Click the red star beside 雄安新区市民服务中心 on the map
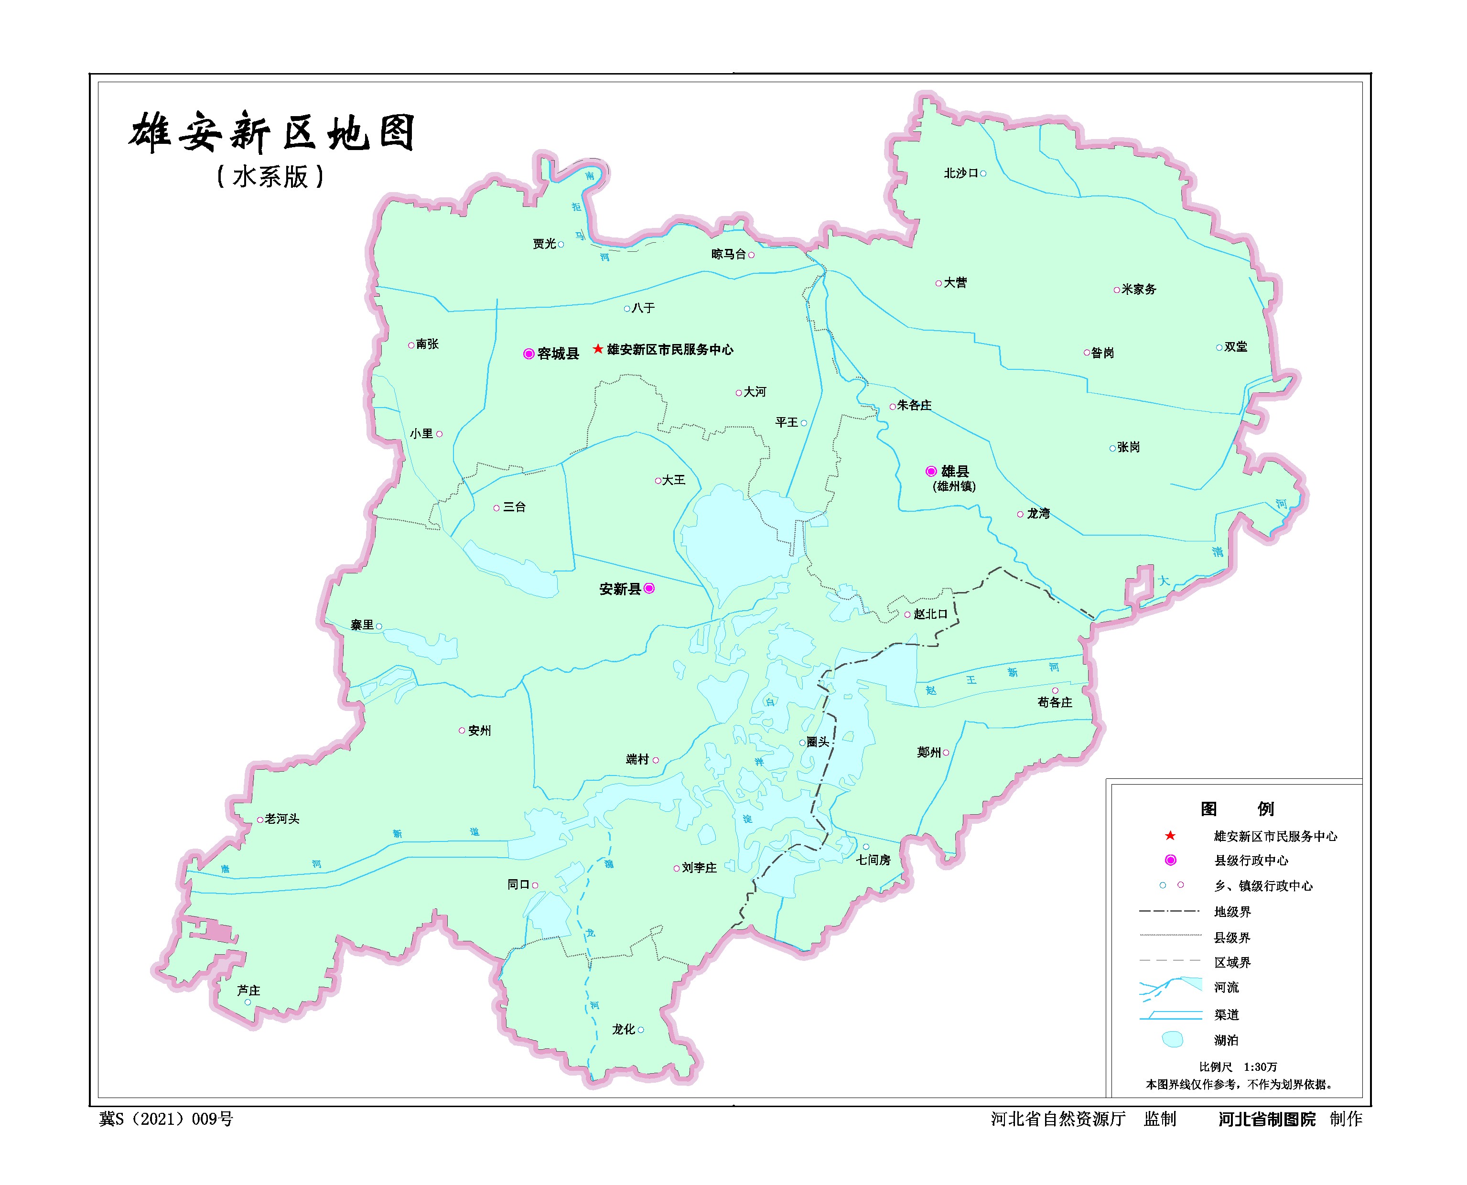tap(598, 349)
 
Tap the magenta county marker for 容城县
tap(529, 354)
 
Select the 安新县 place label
tap(619, 589)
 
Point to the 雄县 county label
tap(955, 471)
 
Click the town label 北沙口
tap(961, 173)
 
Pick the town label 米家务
tap(1139, 290)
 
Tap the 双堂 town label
tap(1236, 347)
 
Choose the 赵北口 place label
tap(930, 614)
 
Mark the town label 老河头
tap(282, 819)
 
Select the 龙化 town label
tap(623, 1029)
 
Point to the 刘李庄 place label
tap(699, 868)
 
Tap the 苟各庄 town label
tap(1055, 702)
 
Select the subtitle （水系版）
tap(270, 177)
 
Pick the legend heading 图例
tap(1237, 809)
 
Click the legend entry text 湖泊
tap(1226, 1040)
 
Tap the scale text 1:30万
tap(1260, 1067)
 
